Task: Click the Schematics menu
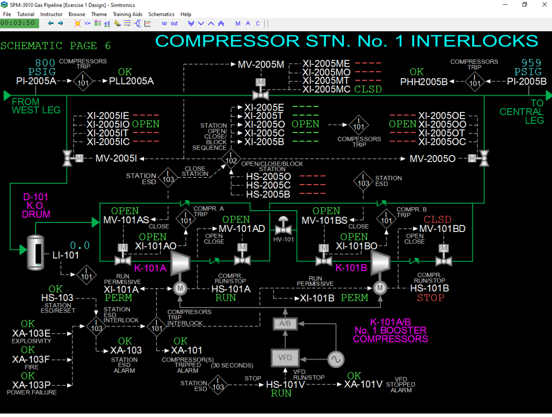point(161,14)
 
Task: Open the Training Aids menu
point(127,14)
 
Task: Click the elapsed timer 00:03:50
point(17,23)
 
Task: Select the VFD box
point(285,357)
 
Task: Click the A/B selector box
point(285,324)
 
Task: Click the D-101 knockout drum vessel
point(36,253)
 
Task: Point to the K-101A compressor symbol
point(180,263)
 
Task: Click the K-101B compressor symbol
point(380,263)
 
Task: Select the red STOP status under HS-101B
point(431,298)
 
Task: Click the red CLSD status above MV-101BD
point(437,220)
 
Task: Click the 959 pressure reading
point(531,63)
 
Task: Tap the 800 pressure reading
point(45,63)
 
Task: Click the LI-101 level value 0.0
point(80,245)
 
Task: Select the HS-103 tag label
point(57,298)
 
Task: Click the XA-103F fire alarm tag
point(31,359)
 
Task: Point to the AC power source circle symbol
point(336,359)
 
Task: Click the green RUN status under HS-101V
point(281,394)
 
